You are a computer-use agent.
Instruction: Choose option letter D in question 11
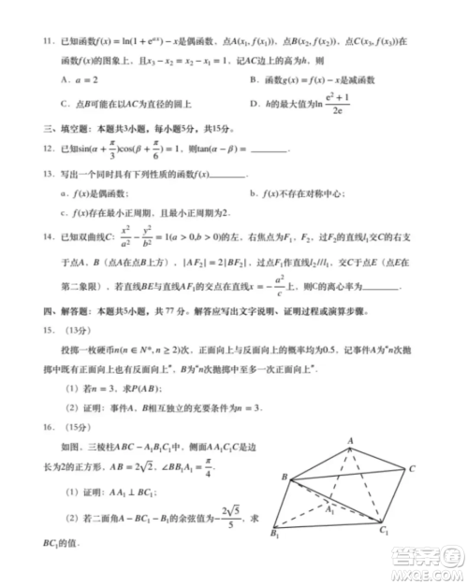(x=255, y=106)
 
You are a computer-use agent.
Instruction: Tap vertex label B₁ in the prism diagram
(x=273, y=535)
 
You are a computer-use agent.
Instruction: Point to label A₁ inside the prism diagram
(x=329, y=510)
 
